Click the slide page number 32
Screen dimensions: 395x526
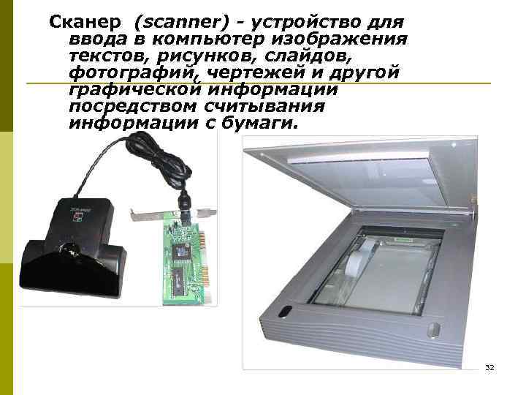[x=489, y=366]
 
